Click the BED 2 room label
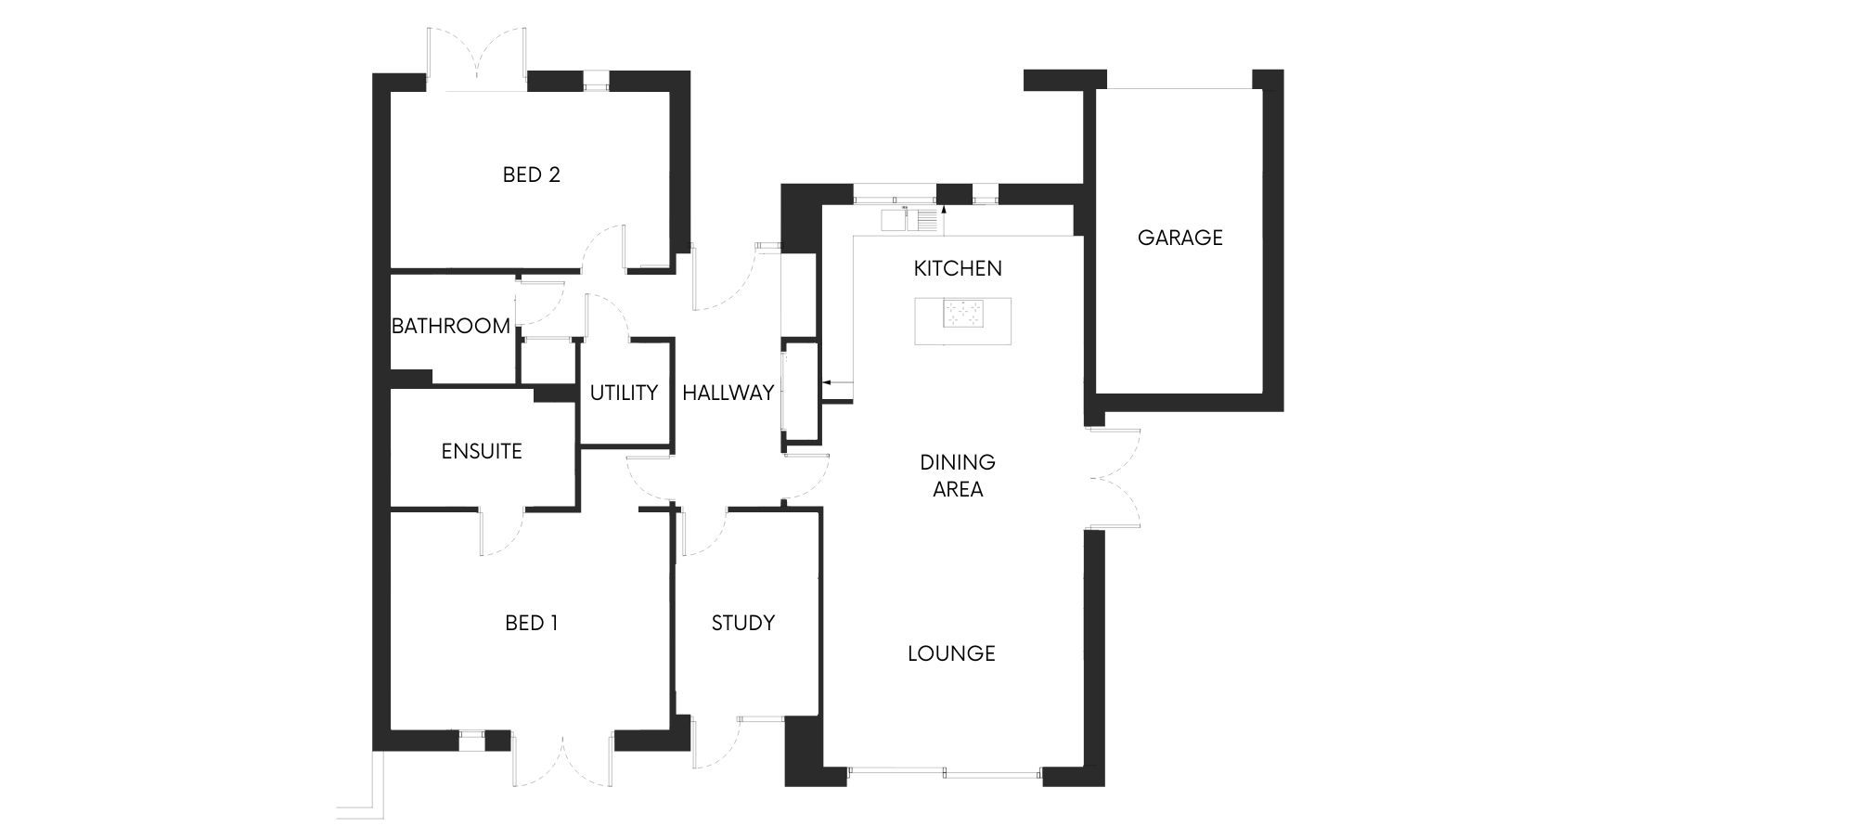(531, 174)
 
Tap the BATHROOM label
(450, 326)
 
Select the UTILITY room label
(624, 393)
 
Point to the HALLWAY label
(728, 393)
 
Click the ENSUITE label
(482, 451)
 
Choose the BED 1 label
(531, 623)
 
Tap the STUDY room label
(742, 623)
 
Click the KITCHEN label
(958, 268)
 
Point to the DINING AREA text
(958, 475)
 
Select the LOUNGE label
(951, 653)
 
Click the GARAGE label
(1179, 238)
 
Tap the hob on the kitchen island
(963, 314)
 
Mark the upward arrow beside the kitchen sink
(944, 220)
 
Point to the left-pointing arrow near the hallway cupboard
(837, 381)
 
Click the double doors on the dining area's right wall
(1114, 479)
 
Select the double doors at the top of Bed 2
(477, 59)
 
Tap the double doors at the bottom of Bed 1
(562, 759)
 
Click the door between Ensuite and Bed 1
(501, 532)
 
